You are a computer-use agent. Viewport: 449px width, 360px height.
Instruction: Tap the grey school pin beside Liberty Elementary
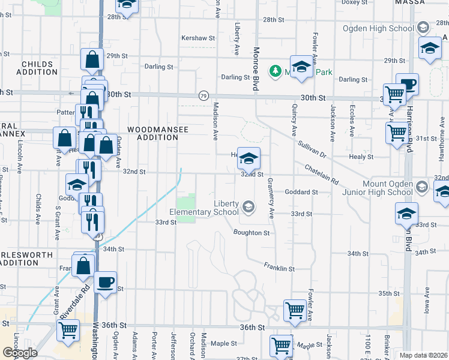tap(248, 208)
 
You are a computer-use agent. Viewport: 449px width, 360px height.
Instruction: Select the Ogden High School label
tap(377, 28)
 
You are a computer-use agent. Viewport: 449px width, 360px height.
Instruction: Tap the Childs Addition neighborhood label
tap(40, 68)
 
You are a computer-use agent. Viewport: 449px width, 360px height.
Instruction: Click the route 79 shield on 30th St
tap(203, 96)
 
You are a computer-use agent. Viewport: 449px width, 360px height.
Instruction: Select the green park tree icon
tap(276, 71)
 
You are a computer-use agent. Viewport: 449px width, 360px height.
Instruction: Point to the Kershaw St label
tap(198, 38)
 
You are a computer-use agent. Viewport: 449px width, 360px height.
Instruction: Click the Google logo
tap(20, 353)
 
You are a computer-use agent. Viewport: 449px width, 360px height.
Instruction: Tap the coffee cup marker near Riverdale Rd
tap(105, 283)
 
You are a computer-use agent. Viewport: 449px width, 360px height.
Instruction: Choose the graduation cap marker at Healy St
tap(249, 159)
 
